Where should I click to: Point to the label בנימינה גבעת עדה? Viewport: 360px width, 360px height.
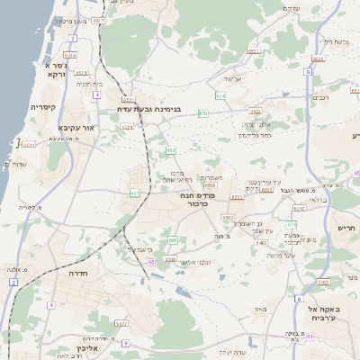click(149, 109)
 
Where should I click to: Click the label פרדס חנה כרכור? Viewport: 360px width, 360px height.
click(201, 198)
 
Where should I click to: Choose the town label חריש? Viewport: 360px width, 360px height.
click(346, 228)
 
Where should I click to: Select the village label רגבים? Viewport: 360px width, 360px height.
click(321, 98)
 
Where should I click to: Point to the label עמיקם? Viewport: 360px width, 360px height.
click(291, 8)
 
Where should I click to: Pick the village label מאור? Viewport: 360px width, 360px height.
click(261, 310)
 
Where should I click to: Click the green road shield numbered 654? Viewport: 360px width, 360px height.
click(220, 94)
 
